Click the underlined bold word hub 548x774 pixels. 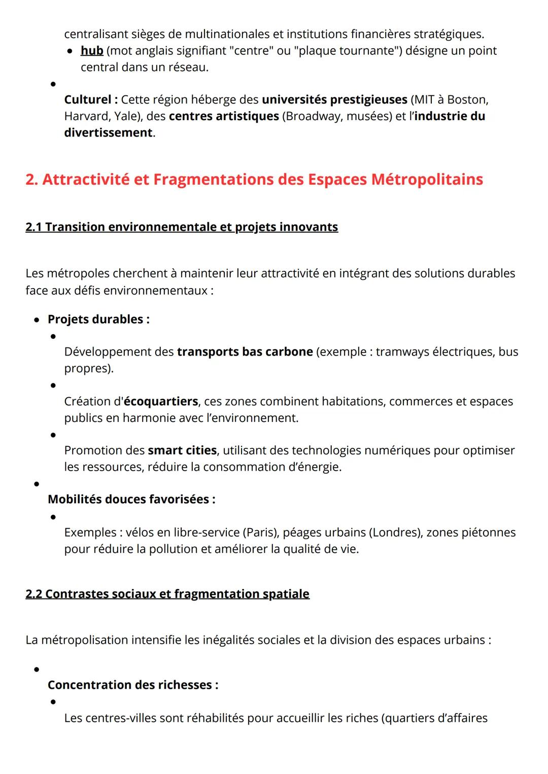[92, 51]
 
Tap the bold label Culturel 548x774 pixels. [91, 99]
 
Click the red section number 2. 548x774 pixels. [31, 180]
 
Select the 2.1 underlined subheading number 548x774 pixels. [33, 227]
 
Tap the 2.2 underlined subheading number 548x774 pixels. [33, 594]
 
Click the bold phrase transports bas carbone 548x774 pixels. [245, 352]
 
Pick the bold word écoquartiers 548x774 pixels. [161, 402]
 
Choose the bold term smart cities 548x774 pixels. [182, 450]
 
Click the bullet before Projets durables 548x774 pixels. [37, 320]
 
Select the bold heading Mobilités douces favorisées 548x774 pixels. [131, 500]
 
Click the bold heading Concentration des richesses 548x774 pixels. [132, 685]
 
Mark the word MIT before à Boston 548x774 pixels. [425, 99]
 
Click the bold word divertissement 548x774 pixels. [108, 133]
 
